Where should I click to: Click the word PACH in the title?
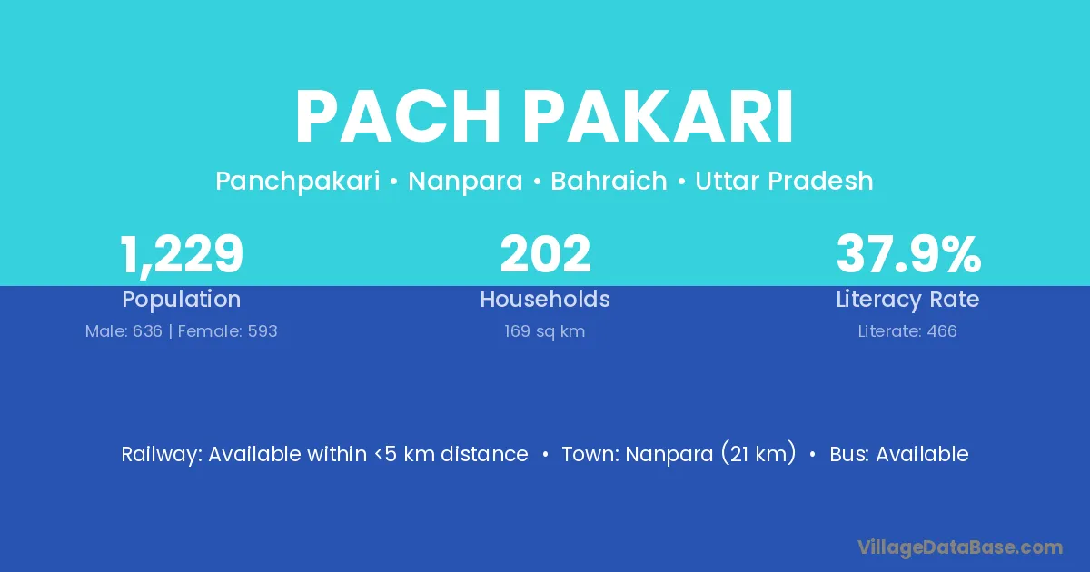pyautogui.click(x=398, y=117)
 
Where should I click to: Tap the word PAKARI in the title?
pyautogui.click(x=658, y=117)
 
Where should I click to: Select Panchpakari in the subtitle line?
pyautogui.click(x=298, y=182)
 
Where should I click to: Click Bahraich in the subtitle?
pyautogui.click(x=609, y=181)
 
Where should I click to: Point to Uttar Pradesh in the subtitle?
pyautogui.click(x=784, y=181)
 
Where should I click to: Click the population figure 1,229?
pyautogui.click(x=182, y=254)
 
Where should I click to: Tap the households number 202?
pyautogui.click(x=545, y=254)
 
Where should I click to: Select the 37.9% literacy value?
pyautogui.click(x=908, y=254)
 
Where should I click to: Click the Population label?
pyautogui.click(x=182, y=300)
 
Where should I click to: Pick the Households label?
pyautogui.click(x=545, y=299)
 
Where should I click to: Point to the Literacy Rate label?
pyautogui.click(x=907, y=300)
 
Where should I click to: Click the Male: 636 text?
pyautogui.click(x=124, y=331)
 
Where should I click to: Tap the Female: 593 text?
pyautogui.click(x=228, y=331)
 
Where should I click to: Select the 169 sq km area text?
pyautogui.click(x=544, y=331)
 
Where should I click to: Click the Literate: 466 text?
pyautogui.click(x=907, y=331)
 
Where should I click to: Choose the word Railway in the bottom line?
pyautogui.click(x=162, y=455)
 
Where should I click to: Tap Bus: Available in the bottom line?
pyautogui.click(x=899, y=454)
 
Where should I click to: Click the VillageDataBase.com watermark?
pyautogui.click(x=960, y=547)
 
